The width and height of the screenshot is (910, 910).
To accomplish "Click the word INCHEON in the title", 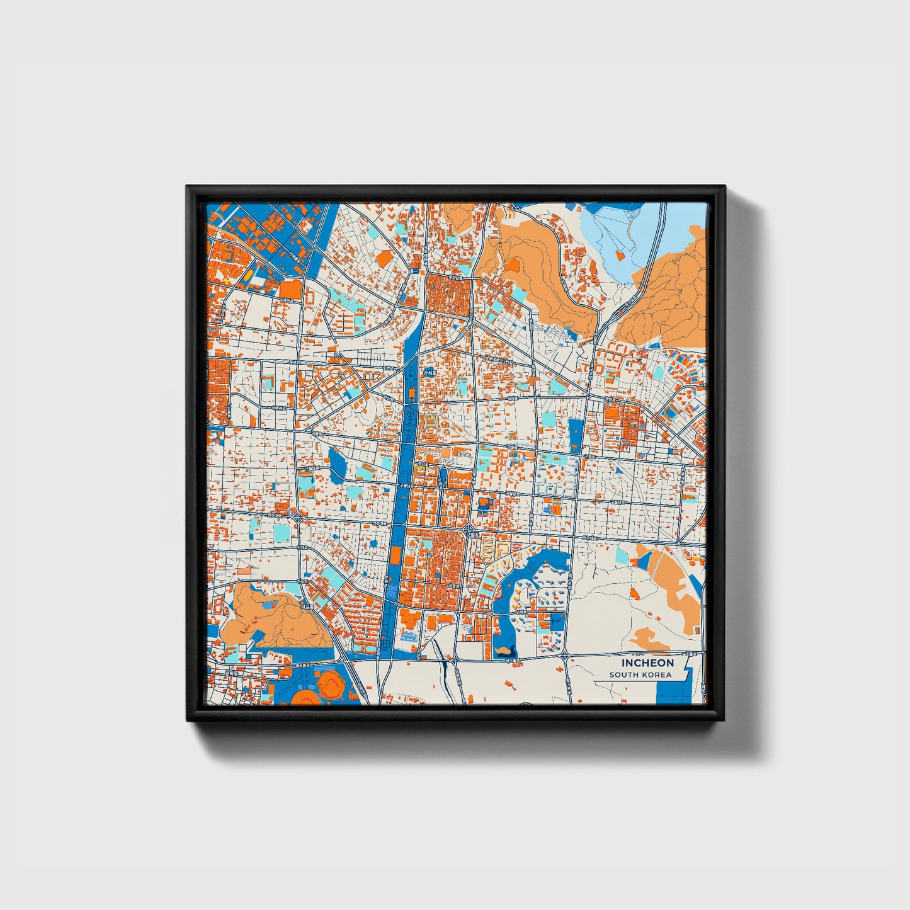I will click(647, 663).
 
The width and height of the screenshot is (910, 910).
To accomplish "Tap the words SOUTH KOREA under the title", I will click(640, 674).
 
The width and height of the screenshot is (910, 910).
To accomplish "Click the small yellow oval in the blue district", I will click(248, 275).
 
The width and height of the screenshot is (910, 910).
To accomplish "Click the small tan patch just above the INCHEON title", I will click(649, 639).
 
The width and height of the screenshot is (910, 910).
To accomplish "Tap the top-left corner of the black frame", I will click(187, 187).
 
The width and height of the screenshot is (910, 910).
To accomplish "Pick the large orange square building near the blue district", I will click(290, 290).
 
